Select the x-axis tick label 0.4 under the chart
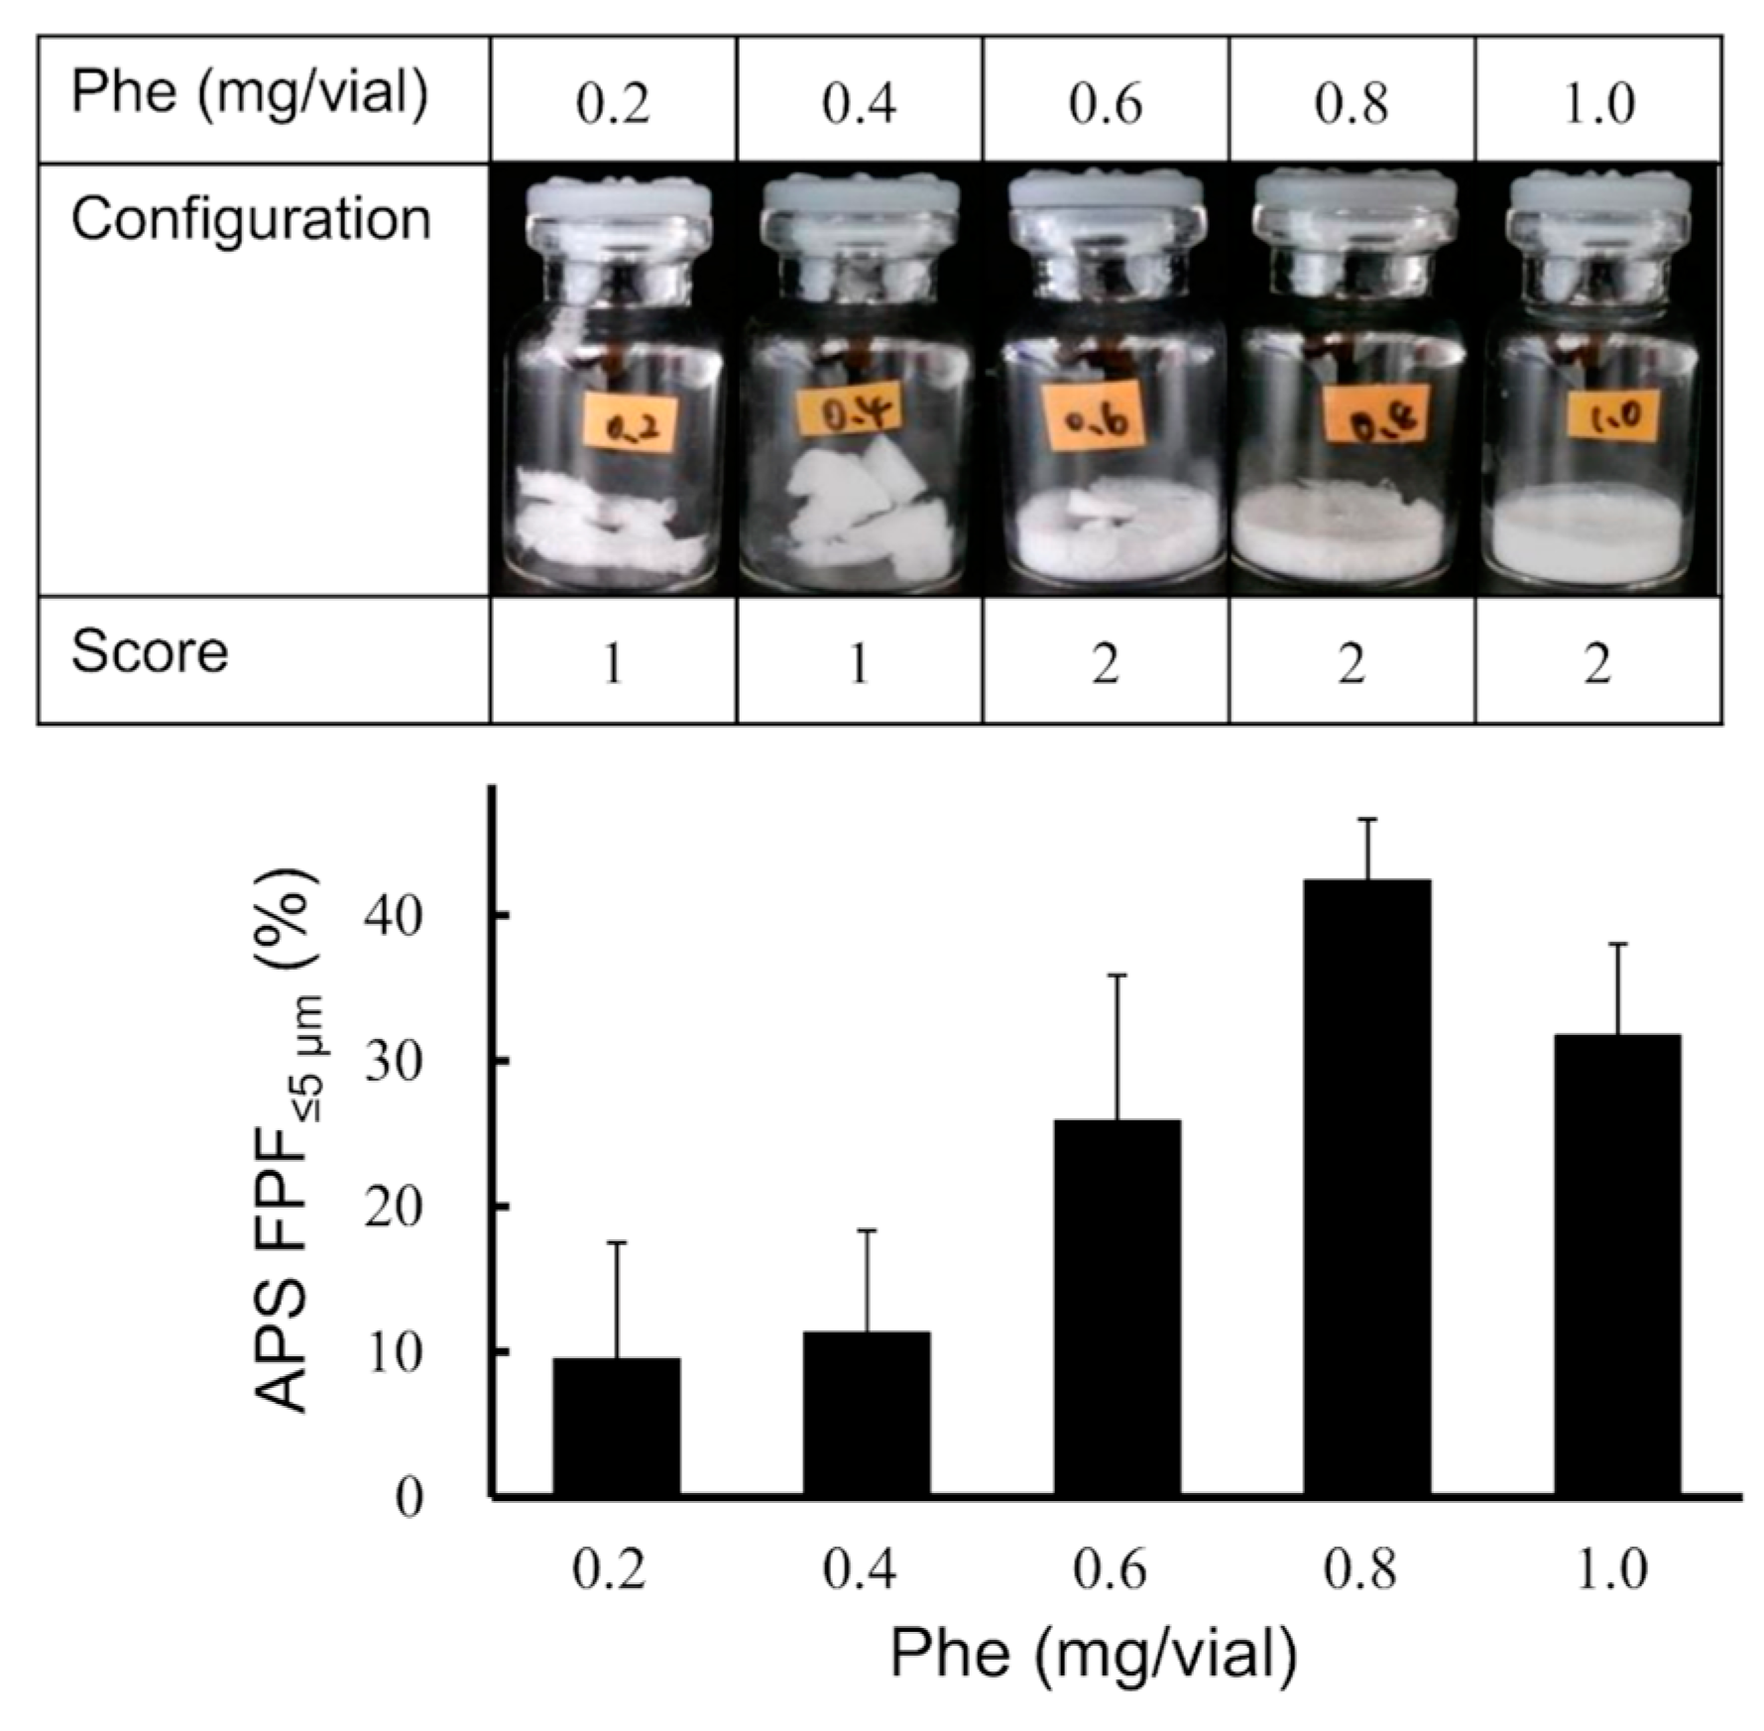[860, 1570]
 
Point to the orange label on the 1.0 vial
[1612, 414]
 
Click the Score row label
[150, 652]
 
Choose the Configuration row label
[251, 219]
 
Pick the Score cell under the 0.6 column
[1106, 662]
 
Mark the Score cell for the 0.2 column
[613, 662]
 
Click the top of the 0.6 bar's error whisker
[1117, 976]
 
